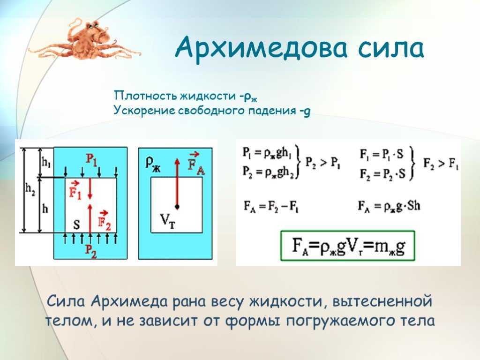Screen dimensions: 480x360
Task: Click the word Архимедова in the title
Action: [x=262, y=48]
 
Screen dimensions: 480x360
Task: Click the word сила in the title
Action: [x=391, y=49]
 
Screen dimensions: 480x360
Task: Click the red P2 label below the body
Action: [x=90, y=252]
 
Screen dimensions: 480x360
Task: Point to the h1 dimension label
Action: [x=46, y=163]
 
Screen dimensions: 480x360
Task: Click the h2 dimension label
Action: [x=30, y=190]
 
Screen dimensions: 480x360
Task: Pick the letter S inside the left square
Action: [x=76, y=225]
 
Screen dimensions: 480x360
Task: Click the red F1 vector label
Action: [x=75, y=190]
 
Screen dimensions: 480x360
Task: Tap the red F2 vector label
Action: [x=104, y=221]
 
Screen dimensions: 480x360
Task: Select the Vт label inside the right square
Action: [x=167, y=220]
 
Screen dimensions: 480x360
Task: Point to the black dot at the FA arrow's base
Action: [x=177, y=207]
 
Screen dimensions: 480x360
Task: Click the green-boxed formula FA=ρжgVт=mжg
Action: [x=348, y=246]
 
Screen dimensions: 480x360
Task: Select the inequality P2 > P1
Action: [x=322, y=163]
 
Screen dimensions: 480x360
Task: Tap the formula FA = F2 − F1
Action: [x=271, y=206]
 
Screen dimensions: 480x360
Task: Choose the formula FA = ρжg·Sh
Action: [x=389, y=206]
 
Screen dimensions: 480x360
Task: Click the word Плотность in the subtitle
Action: [x=145, y=96]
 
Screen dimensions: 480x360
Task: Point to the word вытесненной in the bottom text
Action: [x=382, y=301]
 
